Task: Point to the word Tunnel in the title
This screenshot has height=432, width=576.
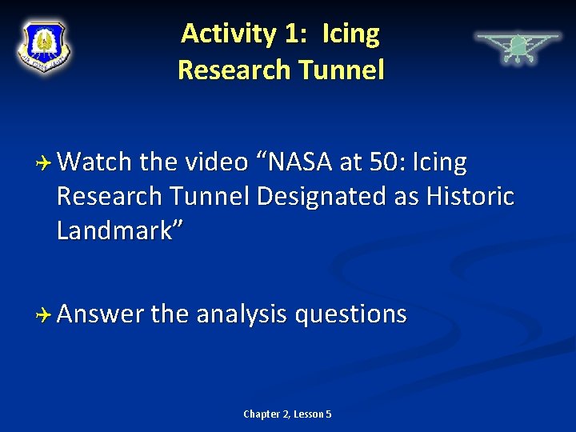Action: tap(340, 70)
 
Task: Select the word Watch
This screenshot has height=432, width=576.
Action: tap(94, 162)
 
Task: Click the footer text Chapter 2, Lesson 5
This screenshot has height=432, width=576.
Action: tap(287, 414)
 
